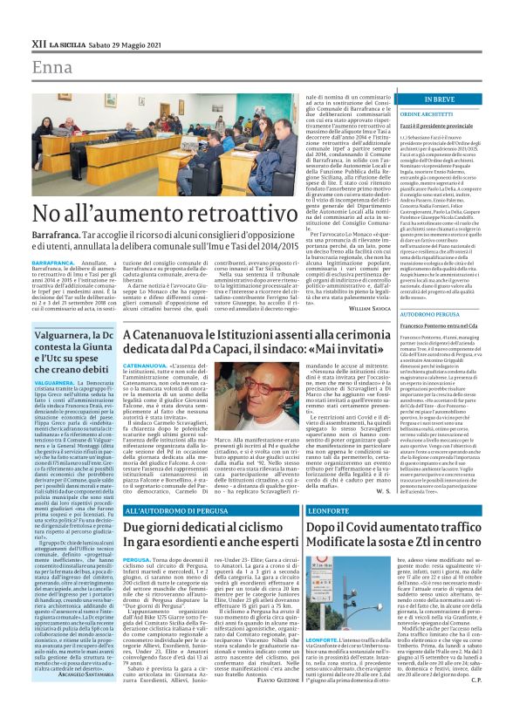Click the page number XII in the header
pos(38,44)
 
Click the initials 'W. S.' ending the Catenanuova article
pos(380,491)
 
